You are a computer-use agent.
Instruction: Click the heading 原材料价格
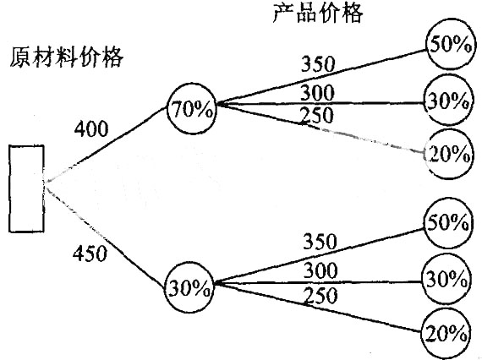point(67,57)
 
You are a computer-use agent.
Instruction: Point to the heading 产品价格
point(318,13)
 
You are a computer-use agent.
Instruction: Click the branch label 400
point(91,128)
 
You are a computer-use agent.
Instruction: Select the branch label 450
point(90,254)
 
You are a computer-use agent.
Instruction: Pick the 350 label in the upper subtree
point(318,64)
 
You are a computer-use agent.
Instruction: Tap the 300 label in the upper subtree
point(317,92)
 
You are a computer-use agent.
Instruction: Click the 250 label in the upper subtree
point(316,115)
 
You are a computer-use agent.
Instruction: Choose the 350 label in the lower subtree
point(320,241)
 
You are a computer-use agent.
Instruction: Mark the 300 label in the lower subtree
point(320,270)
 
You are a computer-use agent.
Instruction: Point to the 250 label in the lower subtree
point(320,295)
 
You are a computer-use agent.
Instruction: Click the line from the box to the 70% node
point(106,144)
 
